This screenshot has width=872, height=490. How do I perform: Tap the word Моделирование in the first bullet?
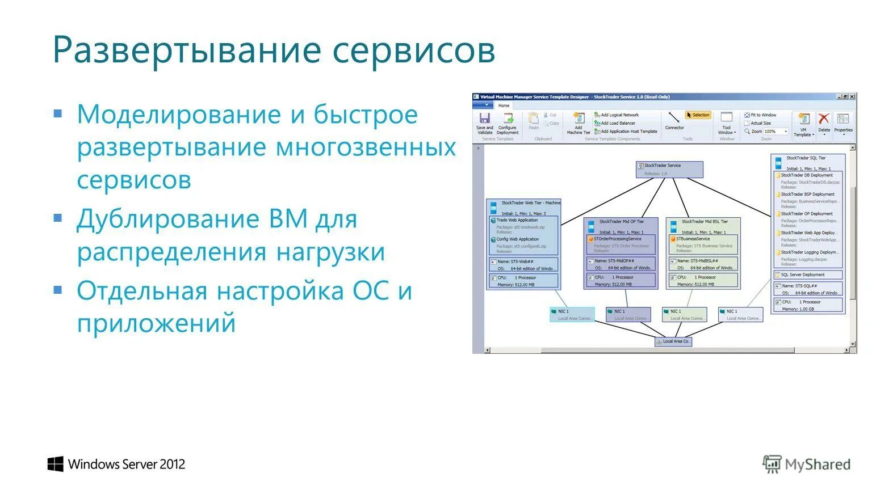179,115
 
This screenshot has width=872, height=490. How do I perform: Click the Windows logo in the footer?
55,464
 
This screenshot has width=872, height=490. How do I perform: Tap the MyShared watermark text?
817,464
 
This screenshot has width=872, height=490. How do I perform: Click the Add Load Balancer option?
618,123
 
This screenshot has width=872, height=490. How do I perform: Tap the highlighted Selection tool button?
698,115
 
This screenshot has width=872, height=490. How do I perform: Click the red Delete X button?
824,121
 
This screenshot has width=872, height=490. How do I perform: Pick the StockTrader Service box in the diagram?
669,169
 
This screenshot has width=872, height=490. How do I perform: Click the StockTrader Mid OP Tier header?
621,222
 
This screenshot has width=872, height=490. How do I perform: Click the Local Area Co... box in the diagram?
673,341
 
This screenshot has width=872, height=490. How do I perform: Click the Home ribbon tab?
504,105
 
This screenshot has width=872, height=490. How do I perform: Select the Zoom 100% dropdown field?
775,132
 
